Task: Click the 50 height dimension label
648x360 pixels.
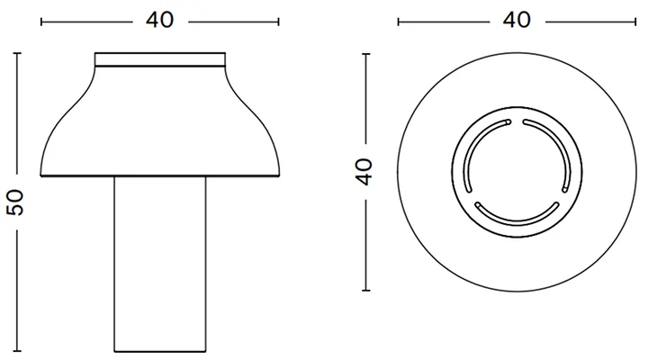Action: [x=15, y=202]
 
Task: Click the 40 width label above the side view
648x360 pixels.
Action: [x=160, y=20]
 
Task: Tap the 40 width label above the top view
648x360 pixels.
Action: [x=517, y=20]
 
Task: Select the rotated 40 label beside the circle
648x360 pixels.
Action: [x=364, y=172]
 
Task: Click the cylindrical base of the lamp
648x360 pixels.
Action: [x=160, y=264]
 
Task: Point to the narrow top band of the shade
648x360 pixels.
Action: [x=160, y=59]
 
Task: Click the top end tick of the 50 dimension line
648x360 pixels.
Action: [x=17, y=53]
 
